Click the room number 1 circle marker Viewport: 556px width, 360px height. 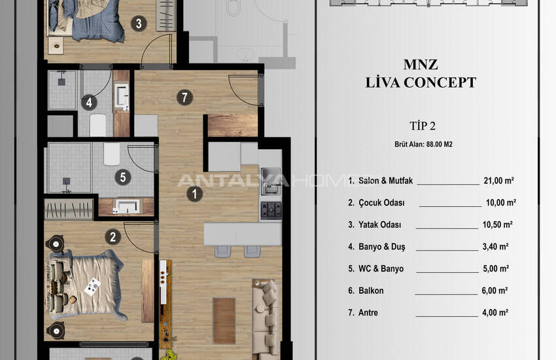click(x=194, y=194)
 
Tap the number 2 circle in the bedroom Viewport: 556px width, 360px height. click(x=113, y=237)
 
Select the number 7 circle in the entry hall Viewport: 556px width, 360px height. click(x=184, y=98)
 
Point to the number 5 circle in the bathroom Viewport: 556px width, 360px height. click(x=123, y=177)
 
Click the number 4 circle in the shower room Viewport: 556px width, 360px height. click(x=89, y=103)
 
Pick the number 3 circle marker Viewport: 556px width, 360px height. click(x=139, y=24)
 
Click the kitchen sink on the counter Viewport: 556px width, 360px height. click(x=271, y=181)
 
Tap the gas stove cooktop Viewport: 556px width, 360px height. click(x=271, y=210)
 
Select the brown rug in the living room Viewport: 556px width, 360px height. click(x=224, y=321)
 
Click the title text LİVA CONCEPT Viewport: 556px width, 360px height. click(x=421, y=82)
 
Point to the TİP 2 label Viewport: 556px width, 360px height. click(x=423, y=126)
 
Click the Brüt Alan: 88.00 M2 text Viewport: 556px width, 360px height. click(x=423, y=145)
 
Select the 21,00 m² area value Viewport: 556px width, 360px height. click(x=499, y=181)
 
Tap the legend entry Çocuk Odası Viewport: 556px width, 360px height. click(x=381, y=203)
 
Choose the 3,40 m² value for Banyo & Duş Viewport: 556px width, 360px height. click(x=495, y=247)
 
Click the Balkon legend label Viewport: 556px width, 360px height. click(x=371, y=291)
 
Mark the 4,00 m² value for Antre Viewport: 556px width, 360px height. click(x=495, y=312)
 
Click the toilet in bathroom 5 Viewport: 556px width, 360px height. click(x=112, y=154)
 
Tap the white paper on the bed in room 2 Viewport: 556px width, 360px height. click(x=92, y=286)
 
